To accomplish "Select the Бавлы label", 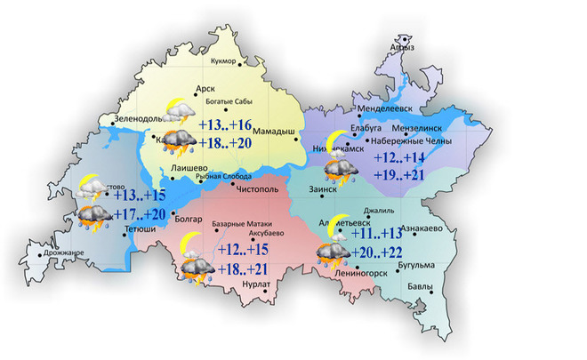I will point(422,286).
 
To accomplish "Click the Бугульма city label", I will point(416,264).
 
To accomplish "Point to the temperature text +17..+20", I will point(141,213).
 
